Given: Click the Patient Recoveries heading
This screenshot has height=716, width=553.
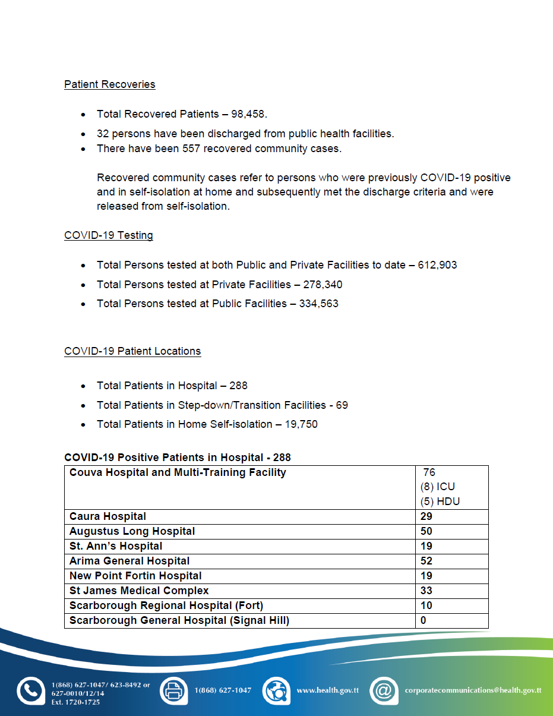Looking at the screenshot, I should (109, 84).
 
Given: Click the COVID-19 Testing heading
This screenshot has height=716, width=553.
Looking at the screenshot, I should (108, 235).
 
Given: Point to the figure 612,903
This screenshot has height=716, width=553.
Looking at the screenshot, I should (437, 265).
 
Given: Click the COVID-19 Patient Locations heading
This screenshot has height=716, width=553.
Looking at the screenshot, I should (132, 351).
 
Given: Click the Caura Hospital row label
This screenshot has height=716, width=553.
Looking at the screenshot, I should (108, 516).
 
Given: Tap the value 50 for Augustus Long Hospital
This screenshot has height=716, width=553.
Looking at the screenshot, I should (426, 531).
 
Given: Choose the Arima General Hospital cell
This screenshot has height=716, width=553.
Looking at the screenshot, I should (129, 561).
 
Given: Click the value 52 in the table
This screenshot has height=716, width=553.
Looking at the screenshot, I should (426, 561).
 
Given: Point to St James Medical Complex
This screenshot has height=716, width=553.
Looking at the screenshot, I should (139, 591).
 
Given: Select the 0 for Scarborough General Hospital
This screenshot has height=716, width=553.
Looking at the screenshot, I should (423, 620).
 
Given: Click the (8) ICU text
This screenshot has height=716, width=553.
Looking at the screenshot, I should (437, 487).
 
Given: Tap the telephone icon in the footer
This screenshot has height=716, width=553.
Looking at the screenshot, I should (30, 690).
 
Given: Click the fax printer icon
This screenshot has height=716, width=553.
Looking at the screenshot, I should (173, 690).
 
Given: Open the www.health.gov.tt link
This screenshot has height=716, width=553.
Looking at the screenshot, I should (327, 690).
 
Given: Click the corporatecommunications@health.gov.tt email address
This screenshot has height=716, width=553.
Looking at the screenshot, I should (473, 690).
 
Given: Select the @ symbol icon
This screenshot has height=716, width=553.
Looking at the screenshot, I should (384, 690).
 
